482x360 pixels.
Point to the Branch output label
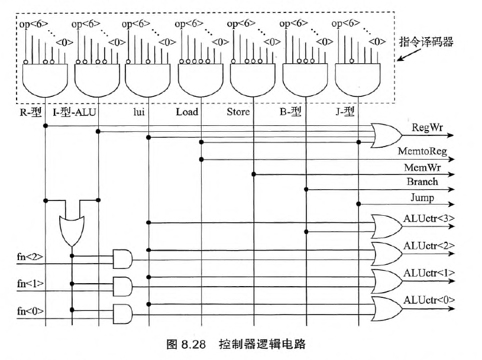coord(422,182)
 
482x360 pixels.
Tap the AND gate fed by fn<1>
coord(122,286)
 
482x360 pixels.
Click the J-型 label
coord(348,112)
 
